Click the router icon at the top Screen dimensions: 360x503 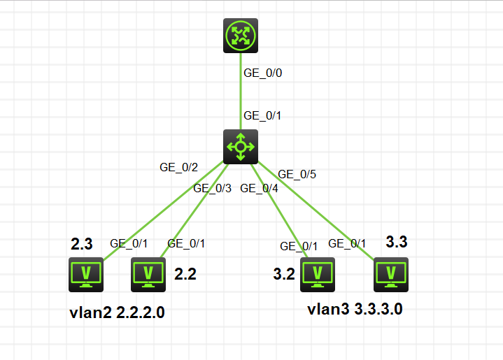241,36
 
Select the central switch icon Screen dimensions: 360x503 241,146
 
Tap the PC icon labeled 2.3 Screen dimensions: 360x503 86,274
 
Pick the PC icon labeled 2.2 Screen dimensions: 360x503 148,274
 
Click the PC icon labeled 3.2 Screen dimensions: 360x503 318,274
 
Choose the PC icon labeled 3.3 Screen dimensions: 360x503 391,274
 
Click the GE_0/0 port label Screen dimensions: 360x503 262,72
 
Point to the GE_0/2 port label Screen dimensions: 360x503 179,167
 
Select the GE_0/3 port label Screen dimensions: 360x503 212,187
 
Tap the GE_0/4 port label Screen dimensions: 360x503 259,187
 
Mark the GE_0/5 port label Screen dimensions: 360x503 297,174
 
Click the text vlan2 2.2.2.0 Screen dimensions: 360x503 118,312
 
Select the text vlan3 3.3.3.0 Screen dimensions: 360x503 355,309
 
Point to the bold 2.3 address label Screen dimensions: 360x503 82,244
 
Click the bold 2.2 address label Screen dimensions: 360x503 185,274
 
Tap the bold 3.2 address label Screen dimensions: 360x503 284,274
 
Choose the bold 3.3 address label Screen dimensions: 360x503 397,243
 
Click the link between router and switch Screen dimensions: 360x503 241,91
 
